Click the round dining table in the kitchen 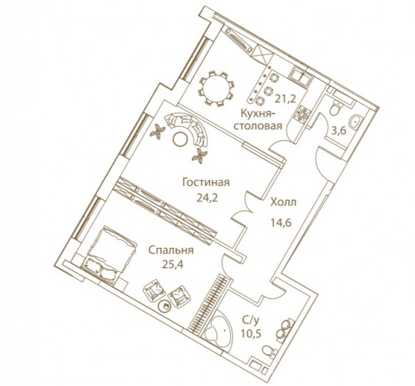[x=216, y=88]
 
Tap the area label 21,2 [x=285, y=99]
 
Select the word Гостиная [x=206, y=182]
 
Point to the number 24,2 [x=207, y=197]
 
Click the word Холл [x=283, y=202]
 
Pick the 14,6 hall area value [x=281, y=223]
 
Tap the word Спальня [x=171, y=251]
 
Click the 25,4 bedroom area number [x=173, y=265]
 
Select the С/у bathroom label [x=250, y=321]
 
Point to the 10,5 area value [x=251, y=334]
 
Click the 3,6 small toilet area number [x=339, y=131]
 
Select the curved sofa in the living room [x=190, y=127]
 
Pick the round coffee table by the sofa [x=180, y=139]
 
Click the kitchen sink [x=302, y=76]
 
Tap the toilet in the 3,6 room [x=335, y=109]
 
